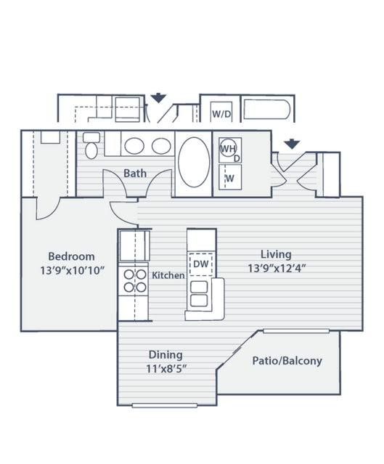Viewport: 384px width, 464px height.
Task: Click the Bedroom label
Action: click(71, 256)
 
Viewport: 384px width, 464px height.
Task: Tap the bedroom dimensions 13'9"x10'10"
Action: click(72, 270)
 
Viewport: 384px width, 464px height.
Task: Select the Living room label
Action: click(276, 254)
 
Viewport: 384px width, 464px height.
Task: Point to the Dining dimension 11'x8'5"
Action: click(166, 369)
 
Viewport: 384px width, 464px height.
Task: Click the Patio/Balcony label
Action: click(287, 361)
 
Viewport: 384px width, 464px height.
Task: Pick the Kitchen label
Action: click(168, 275)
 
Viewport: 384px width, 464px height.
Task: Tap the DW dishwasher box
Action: click(201, 264)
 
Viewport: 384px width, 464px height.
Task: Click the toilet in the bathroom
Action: click(91, 145)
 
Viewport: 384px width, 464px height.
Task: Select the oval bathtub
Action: click(194, 162)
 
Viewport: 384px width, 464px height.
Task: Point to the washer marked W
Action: click(230, 177)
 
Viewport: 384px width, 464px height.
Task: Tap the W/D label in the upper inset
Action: click(221, 113)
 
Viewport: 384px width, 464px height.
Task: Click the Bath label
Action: click(135, 173)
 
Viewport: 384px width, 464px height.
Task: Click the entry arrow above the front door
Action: click(292, 144)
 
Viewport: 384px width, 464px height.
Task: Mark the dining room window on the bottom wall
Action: click(165, 405)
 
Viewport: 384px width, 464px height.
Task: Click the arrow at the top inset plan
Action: click(158, 98)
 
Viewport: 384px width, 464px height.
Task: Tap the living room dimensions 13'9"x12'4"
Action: click(277, 269)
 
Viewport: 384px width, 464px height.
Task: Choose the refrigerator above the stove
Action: click(134, 245)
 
